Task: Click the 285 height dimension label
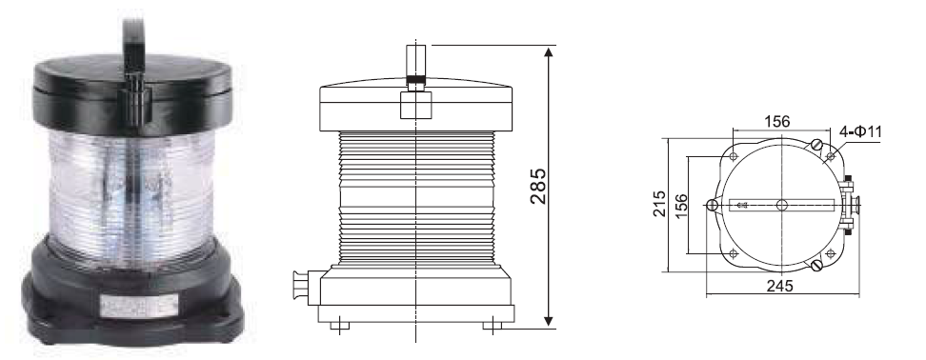(538, 186)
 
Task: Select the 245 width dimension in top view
(780, 287)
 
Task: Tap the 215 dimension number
(659, 204)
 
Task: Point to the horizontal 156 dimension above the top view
(777, 122)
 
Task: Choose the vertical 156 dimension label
(681, 206)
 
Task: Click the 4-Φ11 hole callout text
(860, 131)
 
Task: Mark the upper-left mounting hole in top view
(733, 156)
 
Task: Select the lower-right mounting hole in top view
(831, 253)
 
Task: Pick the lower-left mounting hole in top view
(733, 253)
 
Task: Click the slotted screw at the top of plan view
(817, 145)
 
